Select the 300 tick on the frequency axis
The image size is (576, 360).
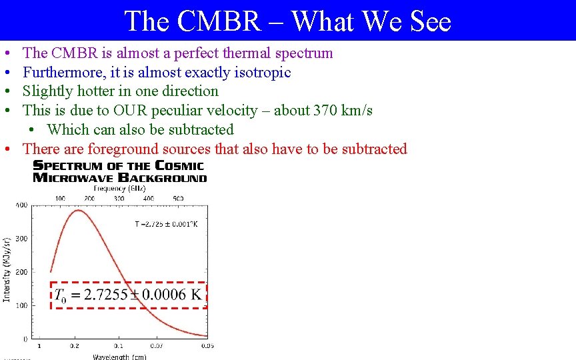(x=119, y=198)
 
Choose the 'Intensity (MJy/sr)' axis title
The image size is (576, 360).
(x=7, y=269)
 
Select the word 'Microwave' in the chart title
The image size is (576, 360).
(x=74, y=177)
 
